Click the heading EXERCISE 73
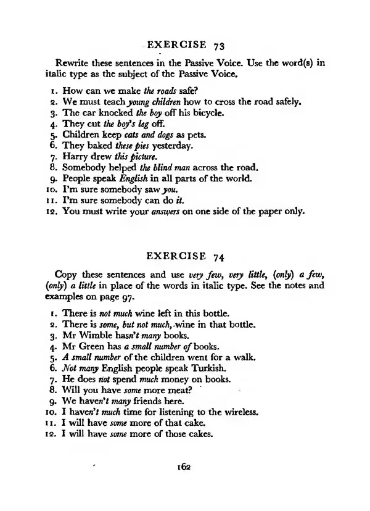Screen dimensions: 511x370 pos(184,45)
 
